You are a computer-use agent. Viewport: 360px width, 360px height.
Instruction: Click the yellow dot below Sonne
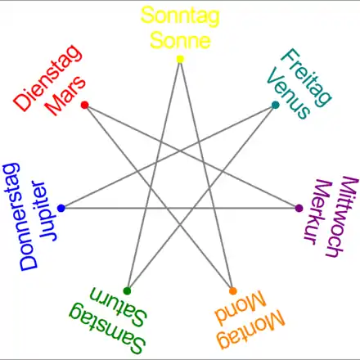pyautogui.click(x=180, y=59)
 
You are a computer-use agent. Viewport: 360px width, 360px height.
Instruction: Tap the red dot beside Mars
pyautogui.click(x=85, y=105)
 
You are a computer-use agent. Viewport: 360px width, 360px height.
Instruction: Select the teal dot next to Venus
pyautogui.click(x=276, y=105)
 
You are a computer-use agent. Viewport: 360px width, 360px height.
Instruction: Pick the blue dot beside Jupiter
pyautogui.click(x=61, y=208)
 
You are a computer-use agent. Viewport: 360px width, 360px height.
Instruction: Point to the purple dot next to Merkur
pyautogui.click(x=299, y=208)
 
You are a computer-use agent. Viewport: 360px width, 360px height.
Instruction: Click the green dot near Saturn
pyautogui.click(x=127, y=291)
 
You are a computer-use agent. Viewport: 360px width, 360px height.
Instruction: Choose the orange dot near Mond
pyautogui.click(x=233, y=291)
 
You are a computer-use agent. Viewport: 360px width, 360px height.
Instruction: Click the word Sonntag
pyautogui.click(x=180, y=16)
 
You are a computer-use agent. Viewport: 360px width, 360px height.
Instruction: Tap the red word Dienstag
pyautogui.click(x=47, y=78)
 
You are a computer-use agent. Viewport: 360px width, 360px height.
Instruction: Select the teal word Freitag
pyautogui.click(x=306, y=78)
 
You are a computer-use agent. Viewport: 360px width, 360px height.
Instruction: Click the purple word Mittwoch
pyautogui.click(x=342, y=217)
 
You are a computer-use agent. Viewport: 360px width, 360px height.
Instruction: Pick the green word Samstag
pyautogui.click(x=106, y=328)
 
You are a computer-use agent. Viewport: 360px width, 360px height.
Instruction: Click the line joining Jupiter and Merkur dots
pyautogui.click(x=180, y=208)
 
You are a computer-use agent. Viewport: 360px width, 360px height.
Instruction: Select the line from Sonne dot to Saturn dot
pyautogui.click(x=154, y=175)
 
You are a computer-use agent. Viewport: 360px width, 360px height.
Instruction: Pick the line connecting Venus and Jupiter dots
pyautogui.click(x=169, y=156)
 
